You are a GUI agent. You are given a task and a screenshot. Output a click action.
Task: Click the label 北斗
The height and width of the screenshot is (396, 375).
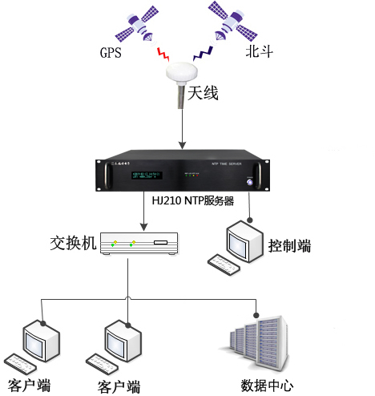click(x=259, y=55)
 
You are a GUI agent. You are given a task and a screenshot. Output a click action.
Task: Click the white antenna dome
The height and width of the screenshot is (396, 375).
click(x=183, y=75)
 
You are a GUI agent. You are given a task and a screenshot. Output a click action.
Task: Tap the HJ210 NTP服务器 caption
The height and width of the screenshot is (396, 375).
click(x=193, y=201)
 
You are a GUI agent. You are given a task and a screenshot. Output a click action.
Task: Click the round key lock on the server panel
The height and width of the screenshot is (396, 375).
click(x=252, y=182)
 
